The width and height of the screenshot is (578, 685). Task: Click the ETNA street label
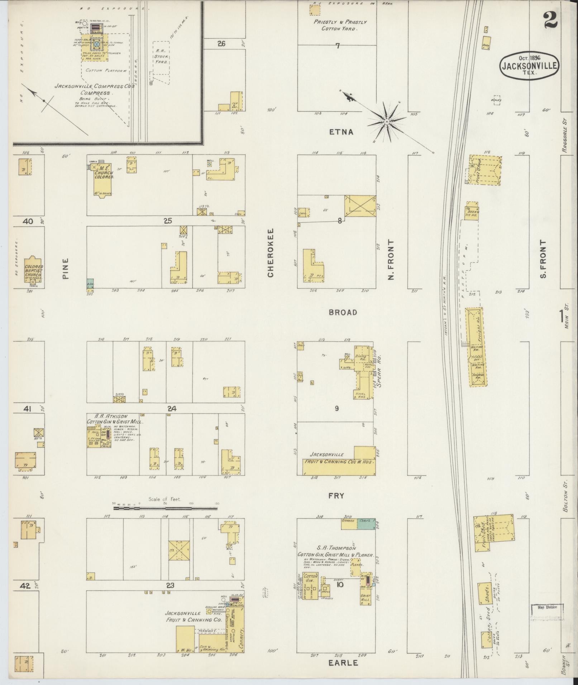[x=341, y=132]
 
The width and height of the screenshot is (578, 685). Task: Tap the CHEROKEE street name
[x=271, y=253]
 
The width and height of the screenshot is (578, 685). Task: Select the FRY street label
[x=336, y=496]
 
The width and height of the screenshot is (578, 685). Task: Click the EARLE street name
[x=343, y=663]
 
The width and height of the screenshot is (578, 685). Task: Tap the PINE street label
[x=66, y=269]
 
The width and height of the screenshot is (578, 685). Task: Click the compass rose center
[x=387, y=122]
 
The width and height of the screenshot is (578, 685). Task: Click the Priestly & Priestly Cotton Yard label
[x=340, y=25]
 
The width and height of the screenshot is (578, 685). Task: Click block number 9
[x=336, y=408]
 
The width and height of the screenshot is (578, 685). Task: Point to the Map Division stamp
[x=547, y=607]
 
